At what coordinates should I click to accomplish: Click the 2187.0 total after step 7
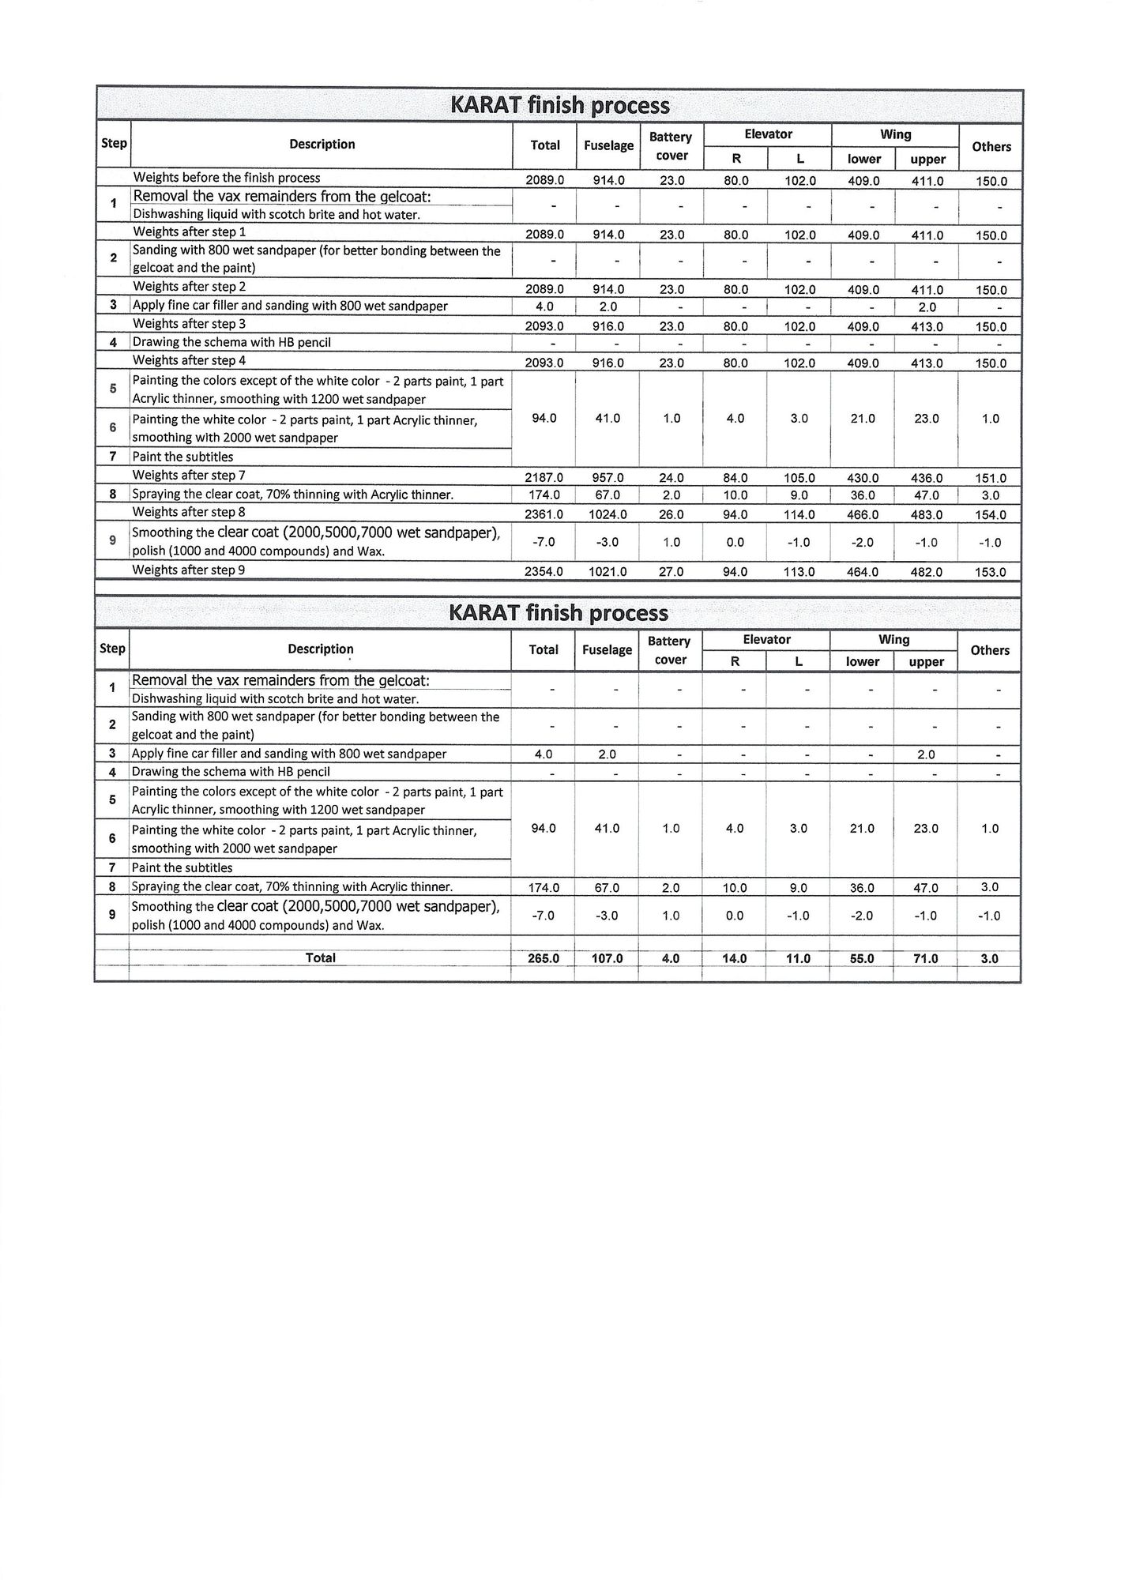[x=544, y=478]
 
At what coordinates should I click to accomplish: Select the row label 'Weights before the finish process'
[x=226, y=178]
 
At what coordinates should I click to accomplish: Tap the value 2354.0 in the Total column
[x=544, y=572]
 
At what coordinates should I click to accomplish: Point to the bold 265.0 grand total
[x=543, y=958]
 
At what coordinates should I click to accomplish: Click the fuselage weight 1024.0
[x=608, y=515]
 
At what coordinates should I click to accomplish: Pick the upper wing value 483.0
[x=926, y=515]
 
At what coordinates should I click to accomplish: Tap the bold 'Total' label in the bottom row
[x=321, y=958]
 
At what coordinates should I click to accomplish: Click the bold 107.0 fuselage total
[x=607, y=958]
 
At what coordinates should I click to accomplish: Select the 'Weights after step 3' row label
[x=189, y=324]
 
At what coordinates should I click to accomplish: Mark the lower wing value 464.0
[x=862, y=572]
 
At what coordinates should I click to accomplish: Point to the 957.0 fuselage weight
[x=608, y=478]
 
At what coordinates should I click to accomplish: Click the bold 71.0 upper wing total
[x=925, y=958]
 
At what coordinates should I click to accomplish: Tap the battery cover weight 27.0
[x=671, y=572]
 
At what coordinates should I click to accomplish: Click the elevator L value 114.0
[x=799, y=515]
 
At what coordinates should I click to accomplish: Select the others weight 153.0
[x=990, y=572]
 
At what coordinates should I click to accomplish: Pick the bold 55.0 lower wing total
[x=861, y=958]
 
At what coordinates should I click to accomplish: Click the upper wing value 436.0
[x=926, y=478]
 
